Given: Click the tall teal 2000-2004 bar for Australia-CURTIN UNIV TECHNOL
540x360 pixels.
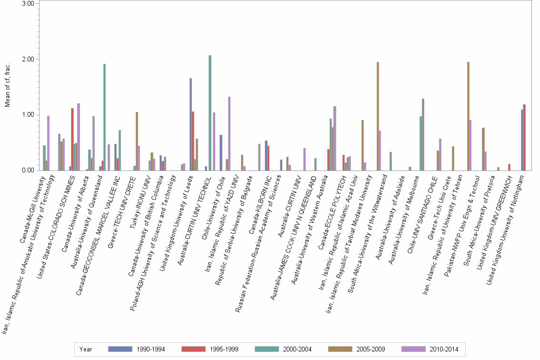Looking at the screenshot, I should click(x=210, y=113).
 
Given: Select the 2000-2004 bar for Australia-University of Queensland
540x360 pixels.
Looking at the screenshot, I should click(x=104, y=117).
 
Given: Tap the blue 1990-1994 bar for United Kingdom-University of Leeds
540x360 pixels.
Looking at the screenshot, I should click(x=190, y=124).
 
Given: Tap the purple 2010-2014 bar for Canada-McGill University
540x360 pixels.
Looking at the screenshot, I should click(x=48, y=143).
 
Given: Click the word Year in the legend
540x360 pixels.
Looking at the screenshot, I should click(x=86, y=349).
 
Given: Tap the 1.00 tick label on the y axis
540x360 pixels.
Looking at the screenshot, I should click(x=28, y=115).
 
